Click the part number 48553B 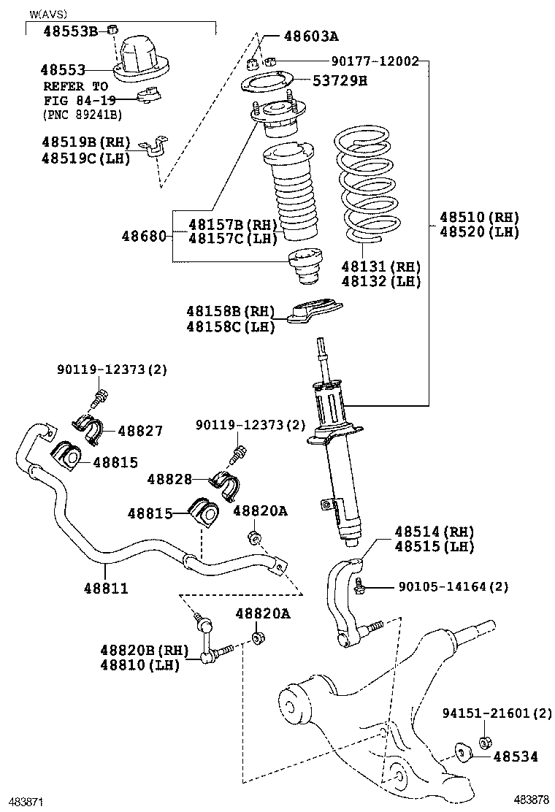pyautogui.click(x=70, y=31)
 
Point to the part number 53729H pyautogui.click(x=340, y=81)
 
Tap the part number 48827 pyautogui.click(x=140, y=432)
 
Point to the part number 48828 pyautogui.click(x=169, y=479)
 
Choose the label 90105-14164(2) pyautogui.click(x=453, y=586)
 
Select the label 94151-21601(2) pyautogui.click(x=497, y=713)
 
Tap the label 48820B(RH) pyautogui.click(x=145, y=650)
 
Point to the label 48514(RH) pyautogui.click(x=435, y=532)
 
